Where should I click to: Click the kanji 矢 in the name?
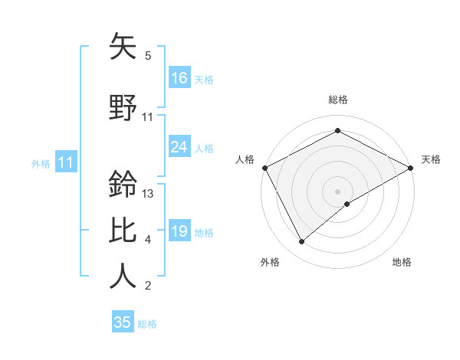tap(123, 47)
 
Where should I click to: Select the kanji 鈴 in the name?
tap(123, 185)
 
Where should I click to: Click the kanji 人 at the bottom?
tap(123, 276)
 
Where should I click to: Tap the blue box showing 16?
tap(179, 78)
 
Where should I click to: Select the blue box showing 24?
tap(179, 147)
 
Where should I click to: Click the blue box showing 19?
tap(179, 231)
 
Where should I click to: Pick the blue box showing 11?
tap(66, 162)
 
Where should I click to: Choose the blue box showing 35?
tap(123, 322)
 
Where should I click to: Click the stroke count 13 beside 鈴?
tap(149, 194)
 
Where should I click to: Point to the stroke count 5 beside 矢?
tap(148, 56)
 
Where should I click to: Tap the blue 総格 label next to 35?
tap(147, 324)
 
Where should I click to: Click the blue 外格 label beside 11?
tap(41, 163)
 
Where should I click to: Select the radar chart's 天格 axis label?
tap(431, 159)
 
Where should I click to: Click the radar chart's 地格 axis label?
tap(402, 262)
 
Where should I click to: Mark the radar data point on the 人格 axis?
tap(264, 168)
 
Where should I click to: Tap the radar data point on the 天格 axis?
tap(411, 168)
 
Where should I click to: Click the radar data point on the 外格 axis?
tap(302, 242)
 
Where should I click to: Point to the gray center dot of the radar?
tap(337, 191)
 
